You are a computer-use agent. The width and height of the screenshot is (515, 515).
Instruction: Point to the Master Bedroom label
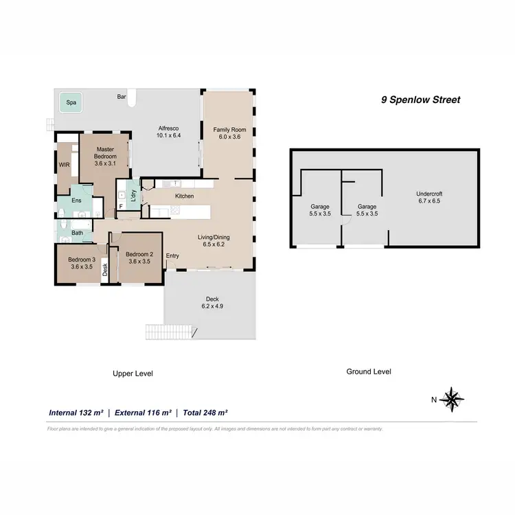pyautogui.click(x=105, y=152)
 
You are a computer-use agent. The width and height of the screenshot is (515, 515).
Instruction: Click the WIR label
pyautogui.click(x=64, y=165)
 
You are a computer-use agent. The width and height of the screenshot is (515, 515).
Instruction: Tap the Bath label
pyautogui.click(x=77, y=232)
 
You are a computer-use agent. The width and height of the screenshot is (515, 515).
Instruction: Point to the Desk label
pyautogui.click(x=105, y=270)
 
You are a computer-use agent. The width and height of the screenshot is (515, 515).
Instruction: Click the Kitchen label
pyautogui.click(x=184, y=196)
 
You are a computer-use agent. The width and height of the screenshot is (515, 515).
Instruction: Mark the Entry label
pyautogui.click(x=172, y=256)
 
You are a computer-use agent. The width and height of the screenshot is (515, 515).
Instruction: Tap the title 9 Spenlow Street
pyautogui.click(x=421, y=100)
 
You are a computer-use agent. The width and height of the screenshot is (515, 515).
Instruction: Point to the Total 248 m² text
pyautogui.click(x=205, y=413)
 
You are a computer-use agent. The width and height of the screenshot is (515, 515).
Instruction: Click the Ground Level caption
pyautogui.click(x=369, y=371)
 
